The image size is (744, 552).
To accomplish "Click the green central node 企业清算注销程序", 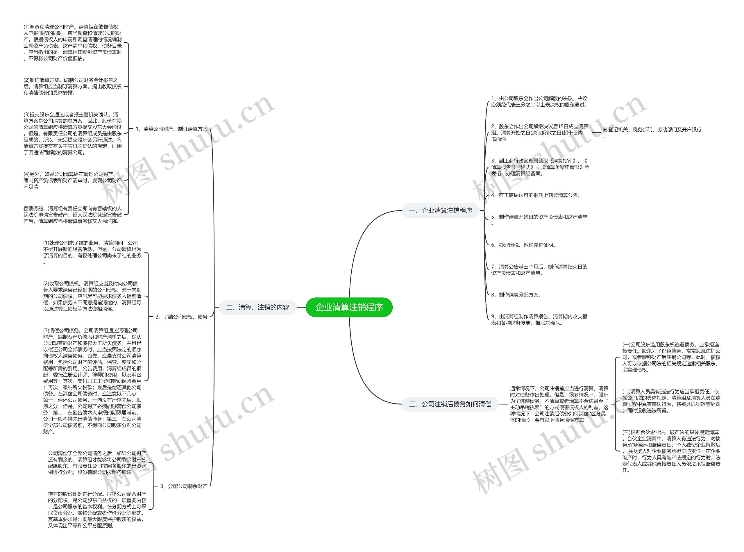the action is tap(349, 307).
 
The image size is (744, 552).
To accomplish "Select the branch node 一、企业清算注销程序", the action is tap(440, 210).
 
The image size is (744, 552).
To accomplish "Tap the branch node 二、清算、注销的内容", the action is tap(257, 307).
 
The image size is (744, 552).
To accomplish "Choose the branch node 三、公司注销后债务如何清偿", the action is tap(450, 404).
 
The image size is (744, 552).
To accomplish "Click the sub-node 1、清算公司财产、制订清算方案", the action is tap(172, 129).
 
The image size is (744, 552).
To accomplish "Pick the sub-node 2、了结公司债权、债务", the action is tap(181, 317).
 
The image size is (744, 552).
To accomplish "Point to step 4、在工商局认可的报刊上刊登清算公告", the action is tap(536, 195).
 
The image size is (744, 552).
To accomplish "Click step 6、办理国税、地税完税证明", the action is tap(523, 245).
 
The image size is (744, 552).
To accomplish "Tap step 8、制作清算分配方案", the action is tap(516, 295).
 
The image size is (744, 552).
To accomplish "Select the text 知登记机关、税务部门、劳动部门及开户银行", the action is tap(652, 130).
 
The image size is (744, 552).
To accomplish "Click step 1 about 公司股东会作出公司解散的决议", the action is tap(539, 101).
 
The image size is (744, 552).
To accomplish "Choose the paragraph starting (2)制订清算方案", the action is tap(72, 87).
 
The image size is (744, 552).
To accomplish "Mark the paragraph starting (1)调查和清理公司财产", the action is tap(72, 43).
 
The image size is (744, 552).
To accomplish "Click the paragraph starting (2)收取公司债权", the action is tap(92, 296).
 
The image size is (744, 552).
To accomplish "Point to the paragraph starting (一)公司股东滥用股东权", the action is tap(671, 357).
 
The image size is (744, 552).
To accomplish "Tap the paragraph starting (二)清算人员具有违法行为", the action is tap(671, 401).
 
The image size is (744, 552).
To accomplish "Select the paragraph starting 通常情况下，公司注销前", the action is tap(559, 404).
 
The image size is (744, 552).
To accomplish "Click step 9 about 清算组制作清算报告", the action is tap(539, 319).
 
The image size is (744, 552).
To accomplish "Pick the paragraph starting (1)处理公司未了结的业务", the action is tap(92, 252).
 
